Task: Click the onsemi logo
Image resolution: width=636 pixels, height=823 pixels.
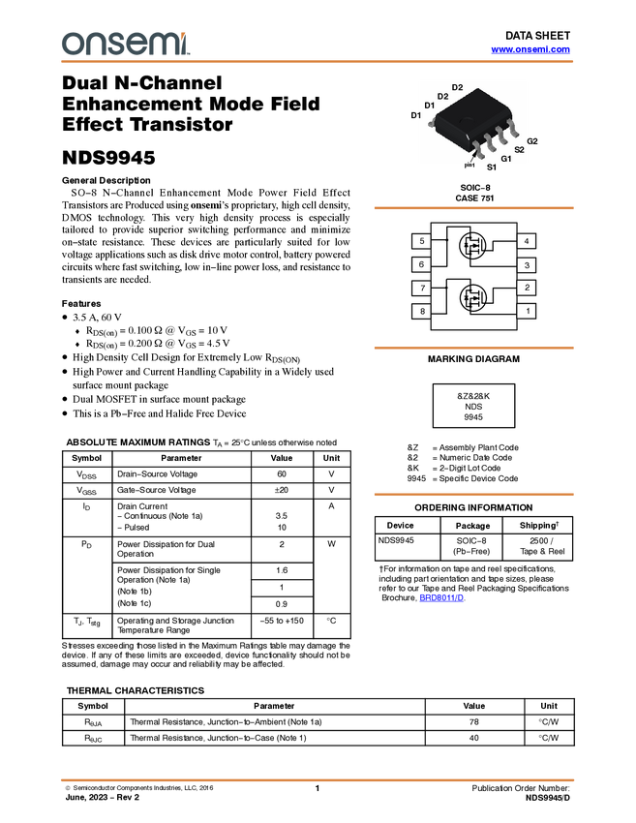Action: click(x=126, y=44)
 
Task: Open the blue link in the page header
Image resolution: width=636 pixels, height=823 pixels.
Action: click(x=530, y=49)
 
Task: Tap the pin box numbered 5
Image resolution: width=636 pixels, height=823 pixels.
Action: click(x=421, y=241)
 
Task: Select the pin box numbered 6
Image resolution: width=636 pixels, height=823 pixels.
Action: click(x=421, y=264)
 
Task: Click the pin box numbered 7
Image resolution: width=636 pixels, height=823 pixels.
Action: click(x=421, y=289)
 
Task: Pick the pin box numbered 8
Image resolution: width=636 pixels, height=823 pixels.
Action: click(x=421, y=312)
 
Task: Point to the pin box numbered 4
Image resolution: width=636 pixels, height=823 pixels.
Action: click(x=527, y=241)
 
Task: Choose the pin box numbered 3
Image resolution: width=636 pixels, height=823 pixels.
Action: click(x=527, y=264)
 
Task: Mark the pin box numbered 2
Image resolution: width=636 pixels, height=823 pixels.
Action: click(x=527, y=288)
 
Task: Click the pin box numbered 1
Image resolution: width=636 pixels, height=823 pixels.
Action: click(x=527, y=311)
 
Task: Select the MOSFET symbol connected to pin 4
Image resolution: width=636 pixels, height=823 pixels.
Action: click(x=474, y=248)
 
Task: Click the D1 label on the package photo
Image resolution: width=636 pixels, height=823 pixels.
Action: click(x=429, y=106)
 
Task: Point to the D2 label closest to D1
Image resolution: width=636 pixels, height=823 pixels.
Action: click(x=442, y=97)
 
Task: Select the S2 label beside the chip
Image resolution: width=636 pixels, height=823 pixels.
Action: click(x=519, y=150)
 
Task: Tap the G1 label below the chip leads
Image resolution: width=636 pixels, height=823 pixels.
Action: click(x=506, y=158)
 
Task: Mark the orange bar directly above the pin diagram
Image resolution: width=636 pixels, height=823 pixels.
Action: click(x=473, y=208)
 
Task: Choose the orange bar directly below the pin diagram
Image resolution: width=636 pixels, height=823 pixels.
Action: click(x=473, y=348)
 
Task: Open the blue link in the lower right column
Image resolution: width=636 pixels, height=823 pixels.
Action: click(x=441, y=597)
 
